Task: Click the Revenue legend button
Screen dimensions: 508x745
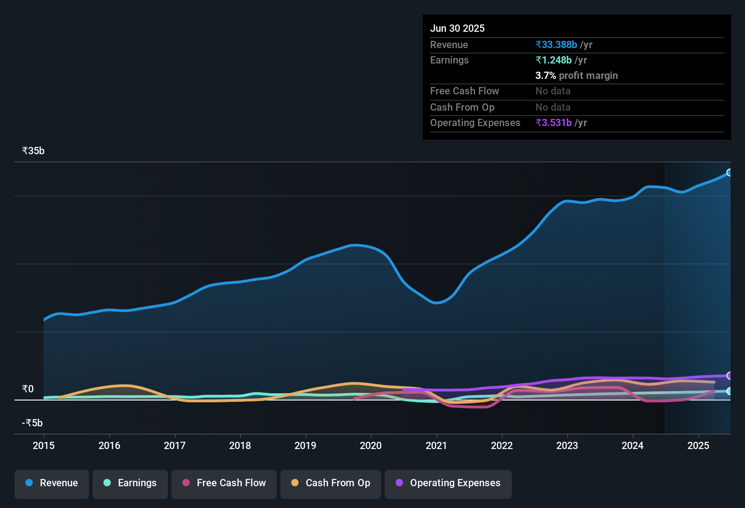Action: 52,483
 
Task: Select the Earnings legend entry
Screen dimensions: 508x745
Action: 130,483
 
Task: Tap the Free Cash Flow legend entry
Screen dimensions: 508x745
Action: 224,483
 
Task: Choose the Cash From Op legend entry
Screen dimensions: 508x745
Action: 331,483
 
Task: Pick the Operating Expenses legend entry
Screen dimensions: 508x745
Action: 448,483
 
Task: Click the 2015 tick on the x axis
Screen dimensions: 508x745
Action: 44,445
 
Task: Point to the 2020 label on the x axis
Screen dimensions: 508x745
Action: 371,445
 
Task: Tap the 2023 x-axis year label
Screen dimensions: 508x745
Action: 567,445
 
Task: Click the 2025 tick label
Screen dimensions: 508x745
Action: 698,445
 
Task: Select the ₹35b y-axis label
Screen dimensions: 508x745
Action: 33,151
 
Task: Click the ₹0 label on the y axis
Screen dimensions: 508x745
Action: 28,389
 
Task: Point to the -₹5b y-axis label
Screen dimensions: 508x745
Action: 32,423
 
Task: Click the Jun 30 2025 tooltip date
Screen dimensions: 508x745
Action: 457,28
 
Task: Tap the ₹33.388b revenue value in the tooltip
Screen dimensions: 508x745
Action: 556,44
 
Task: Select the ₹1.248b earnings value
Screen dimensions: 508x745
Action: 554,60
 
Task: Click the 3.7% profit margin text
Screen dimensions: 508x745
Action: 576,75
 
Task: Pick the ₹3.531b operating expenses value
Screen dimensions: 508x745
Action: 554,122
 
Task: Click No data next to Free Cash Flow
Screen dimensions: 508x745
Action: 553,91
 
